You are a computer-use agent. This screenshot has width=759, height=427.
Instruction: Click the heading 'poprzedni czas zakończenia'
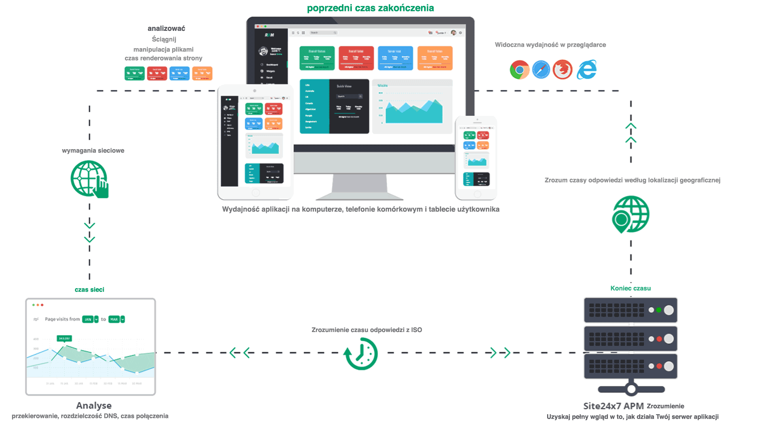(x=370, y=8)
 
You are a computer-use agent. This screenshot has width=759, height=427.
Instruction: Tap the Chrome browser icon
(x=519, y=70)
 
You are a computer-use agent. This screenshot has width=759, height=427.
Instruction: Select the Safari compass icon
(x=541, y=70)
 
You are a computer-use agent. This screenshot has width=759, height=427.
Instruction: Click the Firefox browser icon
(x=563, y=70)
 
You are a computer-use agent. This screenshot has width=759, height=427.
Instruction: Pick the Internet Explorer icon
(x=587, y=70)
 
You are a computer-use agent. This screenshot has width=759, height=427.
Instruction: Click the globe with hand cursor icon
(x=90, y=179)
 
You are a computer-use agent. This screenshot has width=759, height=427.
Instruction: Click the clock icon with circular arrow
(x=361, y=353)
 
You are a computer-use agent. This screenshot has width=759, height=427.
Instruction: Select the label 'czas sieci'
(x=89, y=290)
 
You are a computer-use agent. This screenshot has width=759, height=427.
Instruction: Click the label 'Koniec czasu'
(x=631, y=288)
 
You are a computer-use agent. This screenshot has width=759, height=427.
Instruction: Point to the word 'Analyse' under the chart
(x=94, y=406)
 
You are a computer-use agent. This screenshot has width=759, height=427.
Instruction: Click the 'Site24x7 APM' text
(x=613, y=406)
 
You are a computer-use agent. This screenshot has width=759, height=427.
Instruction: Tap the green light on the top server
(x=659, y=310)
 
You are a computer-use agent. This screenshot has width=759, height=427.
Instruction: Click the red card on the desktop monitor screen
(x=356, y=58)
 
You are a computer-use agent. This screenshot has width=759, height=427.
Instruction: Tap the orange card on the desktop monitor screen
(x=435, y=58)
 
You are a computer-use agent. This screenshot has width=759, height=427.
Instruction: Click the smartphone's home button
(x=477, y=194)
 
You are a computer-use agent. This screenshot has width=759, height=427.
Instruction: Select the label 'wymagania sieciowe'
(x=93, y=150)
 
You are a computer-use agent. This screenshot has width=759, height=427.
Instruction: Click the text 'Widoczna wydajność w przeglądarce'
(x=550, y=45)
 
